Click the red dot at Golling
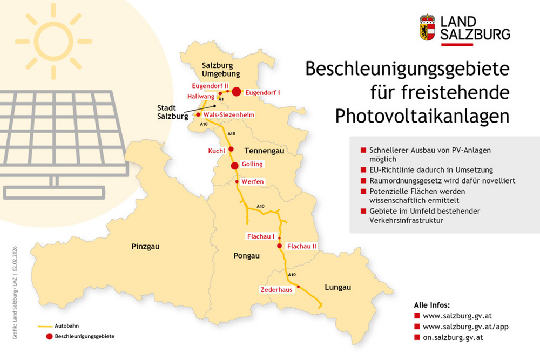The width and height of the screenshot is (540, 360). click(235, 166)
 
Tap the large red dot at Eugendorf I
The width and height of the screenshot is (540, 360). click(236, 92)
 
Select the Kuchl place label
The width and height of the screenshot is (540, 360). click(216, 151)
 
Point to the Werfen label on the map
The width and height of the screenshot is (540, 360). click(253, 181)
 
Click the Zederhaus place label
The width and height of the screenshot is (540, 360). click(276, 289)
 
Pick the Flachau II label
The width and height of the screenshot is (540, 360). click(302, 246)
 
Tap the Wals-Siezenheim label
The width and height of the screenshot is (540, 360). click(229, 115)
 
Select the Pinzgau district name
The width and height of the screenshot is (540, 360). click(145, 247)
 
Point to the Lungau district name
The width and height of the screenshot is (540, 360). click(338, 287)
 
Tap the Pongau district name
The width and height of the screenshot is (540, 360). click(247, 255)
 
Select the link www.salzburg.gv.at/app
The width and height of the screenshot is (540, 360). click(465, 327)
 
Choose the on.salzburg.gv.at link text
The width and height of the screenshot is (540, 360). click(453, 337)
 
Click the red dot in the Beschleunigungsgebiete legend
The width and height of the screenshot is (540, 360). click(49, 336)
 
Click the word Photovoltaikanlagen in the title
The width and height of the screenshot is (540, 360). click(422, 116)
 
